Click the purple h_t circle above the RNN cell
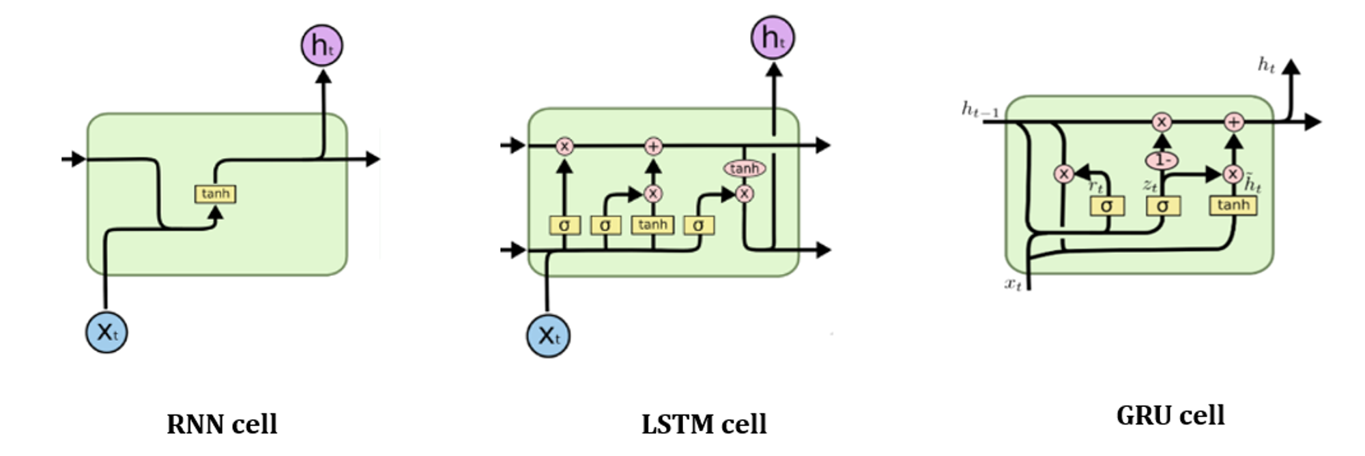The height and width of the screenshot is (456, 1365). (x=322, y=46)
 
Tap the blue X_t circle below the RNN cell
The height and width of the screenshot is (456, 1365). (x=106, y=332)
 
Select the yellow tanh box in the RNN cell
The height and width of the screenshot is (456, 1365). (x=216, y=194)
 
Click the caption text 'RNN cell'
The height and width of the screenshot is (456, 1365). (x=222, y=424)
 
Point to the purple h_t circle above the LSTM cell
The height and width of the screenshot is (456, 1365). (x=773, y=37)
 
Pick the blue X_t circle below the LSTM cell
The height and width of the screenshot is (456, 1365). (x=548, y=335)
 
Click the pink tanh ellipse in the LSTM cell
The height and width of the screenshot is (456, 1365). (x=744, y=168)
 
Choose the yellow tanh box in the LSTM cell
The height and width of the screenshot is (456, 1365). (x=652, y=225)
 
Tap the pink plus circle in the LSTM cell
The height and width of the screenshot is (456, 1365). (x=653, y=146)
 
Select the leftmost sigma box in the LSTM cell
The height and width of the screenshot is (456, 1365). (x=564, y=225)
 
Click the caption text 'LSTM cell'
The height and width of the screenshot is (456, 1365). (x=704, y=424)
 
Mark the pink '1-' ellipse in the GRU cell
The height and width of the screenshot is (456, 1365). (x=1162, y=160)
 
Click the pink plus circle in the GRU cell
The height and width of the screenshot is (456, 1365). (x=1233, y=122)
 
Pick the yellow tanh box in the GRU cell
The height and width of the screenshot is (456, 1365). (x=1233, y=205)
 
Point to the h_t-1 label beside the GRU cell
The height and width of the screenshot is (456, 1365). (x=980, y=109)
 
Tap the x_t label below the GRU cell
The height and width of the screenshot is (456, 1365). (x=1014, y=284)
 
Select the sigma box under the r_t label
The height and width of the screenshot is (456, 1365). (x=1106, y=205)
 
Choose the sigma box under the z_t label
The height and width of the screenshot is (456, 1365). (x=1162, y=205)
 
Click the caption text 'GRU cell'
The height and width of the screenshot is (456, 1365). (x=1170, y=415)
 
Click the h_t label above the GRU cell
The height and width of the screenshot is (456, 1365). (x=1266, y=65)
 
